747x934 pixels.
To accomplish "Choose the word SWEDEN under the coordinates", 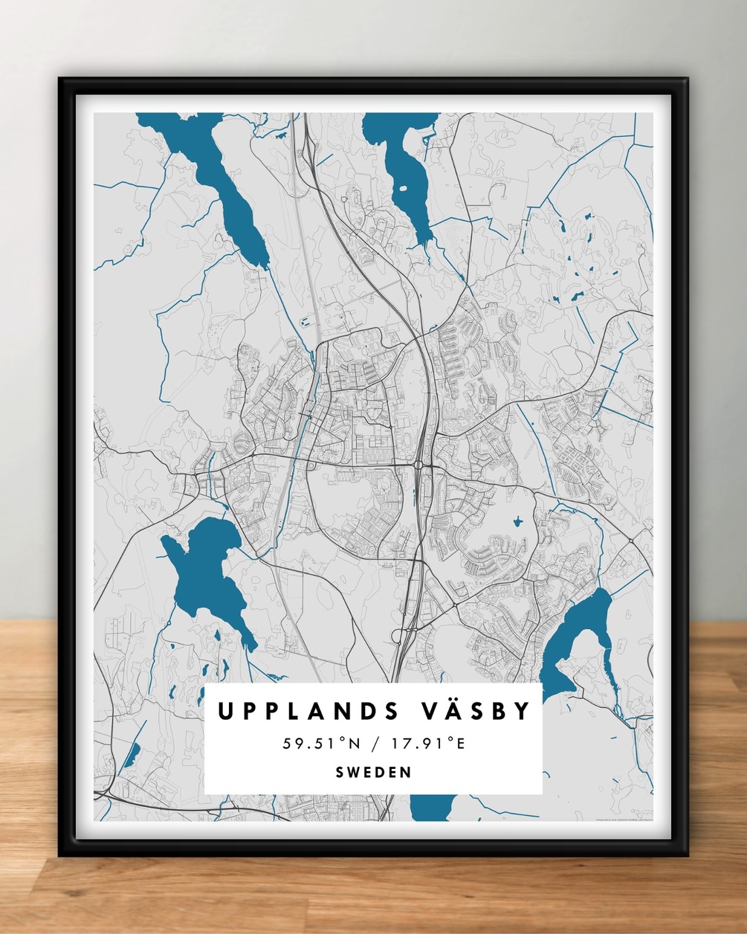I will pos(373,772).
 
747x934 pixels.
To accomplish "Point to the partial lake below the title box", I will pos(433,806).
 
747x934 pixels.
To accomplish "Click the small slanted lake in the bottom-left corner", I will pos(131,755).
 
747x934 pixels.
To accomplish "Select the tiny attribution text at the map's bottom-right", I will pos(623,820).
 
